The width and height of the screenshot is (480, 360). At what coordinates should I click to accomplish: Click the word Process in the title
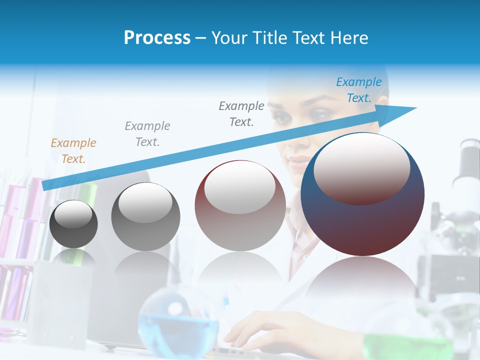point(157,38)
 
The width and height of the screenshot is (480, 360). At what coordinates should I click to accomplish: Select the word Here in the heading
point(348,38)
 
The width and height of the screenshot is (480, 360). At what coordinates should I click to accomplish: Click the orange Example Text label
point(73,151)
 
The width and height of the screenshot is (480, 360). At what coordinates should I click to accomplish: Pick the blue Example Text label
point(358,90)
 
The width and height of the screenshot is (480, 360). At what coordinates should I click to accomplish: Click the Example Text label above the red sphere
point(241,113)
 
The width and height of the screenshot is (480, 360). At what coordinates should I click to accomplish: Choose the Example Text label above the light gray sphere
point(147,134)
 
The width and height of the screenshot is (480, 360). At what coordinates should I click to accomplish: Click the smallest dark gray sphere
point(73,224)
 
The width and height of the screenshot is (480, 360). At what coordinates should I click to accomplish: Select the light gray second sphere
point(145,217)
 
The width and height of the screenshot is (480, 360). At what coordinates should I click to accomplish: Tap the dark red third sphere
point(240,206)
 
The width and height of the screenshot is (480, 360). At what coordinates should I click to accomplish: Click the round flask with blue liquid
point(177,320)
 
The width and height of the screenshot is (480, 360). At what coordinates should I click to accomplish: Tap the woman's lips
point(299,162)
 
